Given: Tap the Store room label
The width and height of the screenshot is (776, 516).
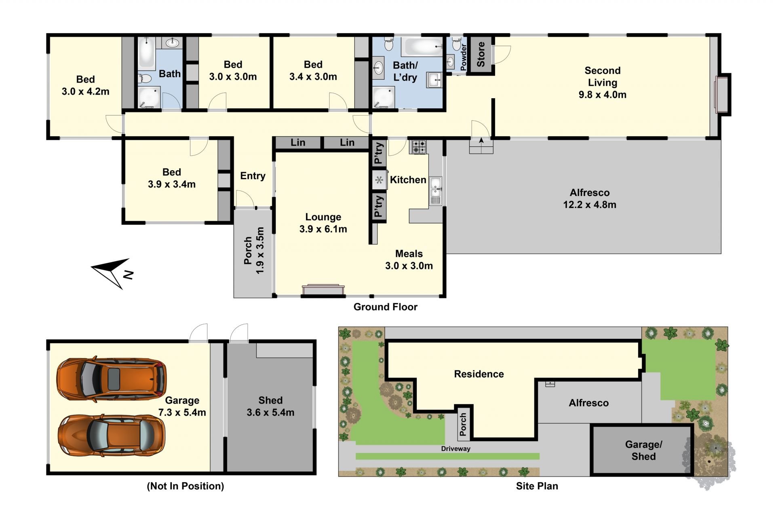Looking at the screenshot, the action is click(x=481, y=54).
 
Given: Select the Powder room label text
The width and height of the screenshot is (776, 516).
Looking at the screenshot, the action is click(x=464, y=57).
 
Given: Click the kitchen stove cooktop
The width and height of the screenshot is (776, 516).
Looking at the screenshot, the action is click(x=419, y=147).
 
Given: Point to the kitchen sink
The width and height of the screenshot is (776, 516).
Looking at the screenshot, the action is click(x=435, y=190).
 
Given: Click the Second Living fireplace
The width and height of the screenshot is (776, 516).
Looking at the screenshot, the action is click(x=723, y=95).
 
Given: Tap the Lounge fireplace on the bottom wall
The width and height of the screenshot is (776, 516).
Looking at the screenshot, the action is click(x=323, y=290).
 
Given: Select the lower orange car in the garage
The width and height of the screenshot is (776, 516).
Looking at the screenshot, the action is click(x=112, y=435).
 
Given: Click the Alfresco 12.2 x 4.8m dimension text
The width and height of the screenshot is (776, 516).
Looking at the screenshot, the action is click(x=590, y=205).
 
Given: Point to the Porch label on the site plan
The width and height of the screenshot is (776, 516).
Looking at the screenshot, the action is click(x=463, y=425).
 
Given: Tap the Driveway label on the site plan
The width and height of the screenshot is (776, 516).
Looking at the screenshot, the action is click(x=455, y=448).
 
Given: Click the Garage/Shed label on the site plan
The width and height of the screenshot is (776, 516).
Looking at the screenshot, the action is click(x=643, y=450).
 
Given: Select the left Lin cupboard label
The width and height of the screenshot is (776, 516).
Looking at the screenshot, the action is click(x=298, y=142).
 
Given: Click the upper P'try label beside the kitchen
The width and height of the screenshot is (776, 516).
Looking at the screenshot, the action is click(x=378, y=153).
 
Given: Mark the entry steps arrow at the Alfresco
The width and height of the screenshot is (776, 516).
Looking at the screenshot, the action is click(x=481, y=140).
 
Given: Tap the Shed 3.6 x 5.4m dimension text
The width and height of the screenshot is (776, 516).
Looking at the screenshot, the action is click(x=270, y=412).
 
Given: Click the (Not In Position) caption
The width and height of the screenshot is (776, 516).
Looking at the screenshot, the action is click(x=185, y=486).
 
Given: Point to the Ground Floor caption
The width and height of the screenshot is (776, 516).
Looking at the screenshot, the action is click(x=386, y=307).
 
